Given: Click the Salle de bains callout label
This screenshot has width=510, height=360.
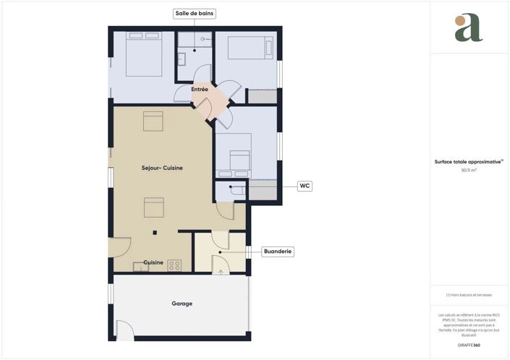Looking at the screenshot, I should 195,13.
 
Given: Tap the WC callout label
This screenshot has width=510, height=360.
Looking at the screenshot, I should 305,186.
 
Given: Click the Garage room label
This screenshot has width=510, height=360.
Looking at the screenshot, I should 182,304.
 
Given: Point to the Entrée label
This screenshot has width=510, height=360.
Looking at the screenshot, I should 200,90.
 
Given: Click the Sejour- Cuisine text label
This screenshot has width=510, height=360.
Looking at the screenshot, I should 162,168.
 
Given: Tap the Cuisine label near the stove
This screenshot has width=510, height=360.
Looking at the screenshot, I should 153,262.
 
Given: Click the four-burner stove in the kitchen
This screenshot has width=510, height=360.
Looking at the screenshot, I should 174,265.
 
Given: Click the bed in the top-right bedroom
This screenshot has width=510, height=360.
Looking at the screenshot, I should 246,48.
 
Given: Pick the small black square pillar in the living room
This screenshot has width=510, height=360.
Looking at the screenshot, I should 154,233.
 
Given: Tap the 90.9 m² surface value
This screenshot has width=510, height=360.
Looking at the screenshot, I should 468,171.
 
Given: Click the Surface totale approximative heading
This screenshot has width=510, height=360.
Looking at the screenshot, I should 468,162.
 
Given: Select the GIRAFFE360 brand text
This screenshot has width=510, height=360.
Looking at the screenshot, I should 468,346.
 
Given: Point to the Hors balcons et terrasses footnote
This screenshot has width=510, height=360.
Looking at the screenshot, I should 468,296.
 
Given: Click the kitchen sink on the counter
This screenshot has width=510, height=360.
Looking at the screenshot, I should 140,266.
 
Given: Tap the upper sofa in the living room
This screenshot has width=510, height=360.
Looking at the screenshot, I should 153,121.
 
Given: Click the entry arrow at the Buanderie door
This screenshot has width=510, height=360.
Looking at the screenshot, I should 221,271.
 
